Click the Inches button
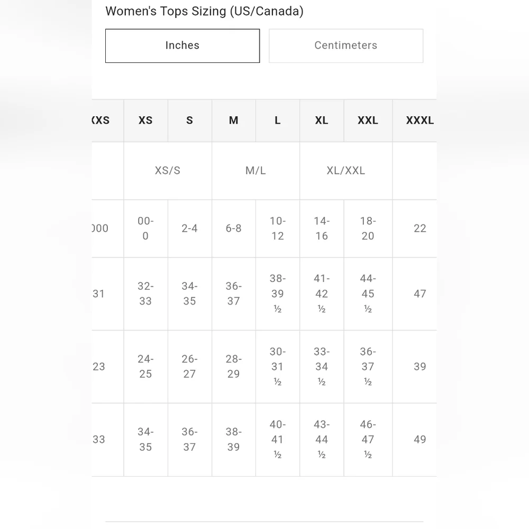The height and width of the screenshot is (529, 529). pos(183,45)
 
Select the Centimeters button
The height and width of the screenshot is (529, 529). pos(345,45)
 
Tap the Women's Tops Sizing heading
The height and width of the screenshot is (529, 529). pos(204,11)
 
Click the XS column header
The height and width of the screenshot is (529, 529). pos(145,121)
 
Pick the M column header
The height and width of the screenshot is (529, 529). pos(233,121)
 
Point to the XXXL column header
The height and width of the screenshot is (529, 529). pos(419,121)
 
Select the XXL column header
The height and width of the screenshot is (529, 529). pos(368,121)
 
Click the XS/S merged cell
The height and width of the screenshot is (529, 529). pos(168,170)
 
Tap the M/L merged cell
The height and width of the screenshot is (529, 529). pos(256,170)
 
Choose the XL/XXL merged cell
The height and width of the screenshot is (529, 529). pos(345,170)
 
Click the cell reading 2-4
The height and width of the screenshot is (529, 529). pos(189,229)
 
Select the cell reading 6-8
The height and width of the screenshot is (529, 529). pos(233,229)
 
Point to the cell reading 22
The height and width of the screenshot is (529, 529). pos(419,229)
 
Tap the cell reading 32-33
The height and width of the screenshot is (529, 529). pos(145,294)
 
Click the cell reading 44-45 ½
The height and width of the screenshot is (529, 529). pos(368,294)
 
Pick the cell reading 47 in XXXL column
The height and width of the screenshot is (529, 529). pos(419,294)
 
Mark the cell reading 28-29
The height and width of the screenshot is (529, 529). pos(233,367)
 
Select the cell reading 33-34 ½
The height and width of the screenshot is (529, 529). pos(322,367)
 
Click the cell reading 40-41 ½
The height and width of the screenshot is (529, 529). pos(277,440)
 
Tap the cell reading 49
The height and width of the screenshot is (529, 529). pos(419,440)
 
